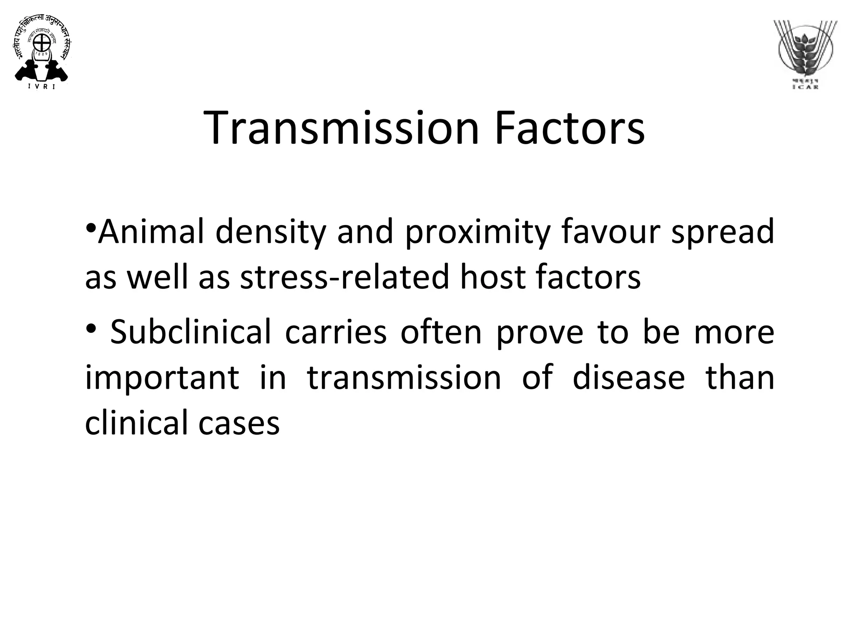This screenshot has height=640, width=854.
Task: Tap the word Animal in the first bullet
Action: click(x=151, y=232)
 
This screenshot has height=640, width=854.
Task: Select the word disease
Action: click(x=629, y=377)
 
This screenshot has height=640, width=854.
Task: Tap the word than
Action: click(x=739, y=377)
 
